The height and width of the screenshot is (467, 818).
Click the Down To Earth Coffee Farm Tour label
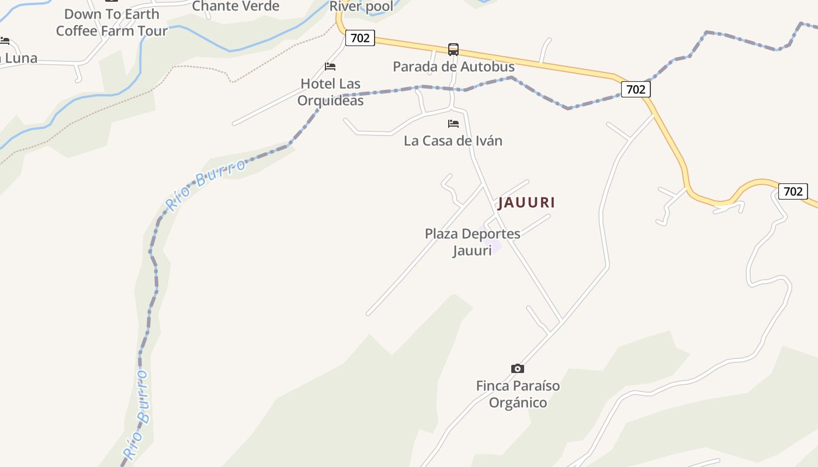coord(112,22)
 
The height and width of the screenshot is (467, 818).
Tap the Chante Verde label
coord(235,6)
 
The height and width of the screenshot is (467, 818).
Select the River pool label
coord(362,6)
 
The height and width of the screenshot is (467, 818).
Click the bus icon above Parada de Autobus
coord(453,50)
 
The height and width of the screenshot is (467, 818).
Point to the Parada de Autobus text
coord(453,67)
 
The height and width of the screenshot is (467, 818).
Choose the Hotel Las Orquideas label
coord(331,92)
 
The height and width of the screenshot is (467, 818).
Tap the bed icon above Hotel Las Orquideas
coord(330,67)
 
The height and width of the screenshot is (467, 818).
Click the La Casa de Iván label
coord(453,141)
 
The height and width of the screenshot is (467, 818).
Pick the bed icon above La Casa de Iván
coord(453,124)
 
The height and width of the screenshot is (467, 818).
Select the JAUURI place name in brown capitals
coord(526,203)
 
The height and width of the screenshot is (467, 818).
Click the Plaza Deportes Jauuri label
coord(472,242)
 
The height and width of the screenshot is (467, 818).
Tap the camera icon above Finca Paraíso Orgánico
coord(517,368)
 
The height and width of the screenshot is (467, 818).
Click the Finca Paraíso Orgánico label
coord(518,394)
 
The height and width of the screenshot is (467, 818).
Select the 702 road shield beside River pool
coord(360,38)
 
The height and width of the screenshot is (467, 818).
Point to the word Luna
coord(21,58)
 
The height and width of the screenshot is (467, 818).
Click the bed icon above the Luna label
coord(5,41)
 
